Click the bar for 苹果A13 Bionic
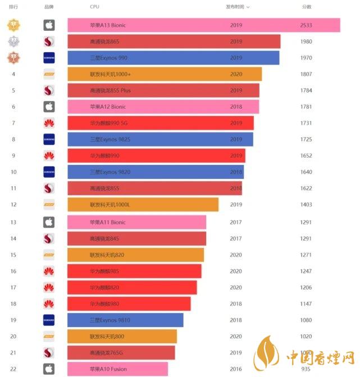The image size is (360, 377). pyautogui.click(x=203, y=25)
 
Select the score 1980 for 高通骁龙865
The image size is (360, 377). pyautogui.click(x=306, y=42)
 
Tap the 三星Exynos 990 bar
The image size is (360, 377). pyautogui.click(x=173, y=58)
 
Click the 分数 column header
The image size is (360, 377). pyautogui.click(x=307, y=7)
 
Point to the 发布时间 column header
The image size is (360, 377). pyautogui.click(x=235, y=7)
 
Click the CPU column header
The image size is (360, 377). pyautogui.click(x=94, y=7)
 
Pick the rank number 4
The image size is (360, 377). pyautogui.click(x=13, y=74)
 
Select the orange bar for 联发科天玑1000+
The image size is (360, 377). pyautogui.click(x=165, y=74)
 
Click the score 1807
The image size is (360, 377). pyautogui.click(x=306, y=74)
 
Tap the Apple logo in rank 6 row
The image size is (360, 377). pyautogui.click(x=49, y=107)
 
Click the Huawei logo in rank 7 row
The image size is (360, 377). pyautogui.click(x=49, y=123)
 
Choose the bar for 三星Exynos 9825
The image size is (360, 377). pyautogui.click(x=160, y=139)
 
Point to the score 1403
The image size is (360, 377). pyautogui.click(x=306, y=205)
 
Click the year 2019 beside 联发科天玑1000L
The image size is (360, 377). pyautogui.click(x=236, y=205)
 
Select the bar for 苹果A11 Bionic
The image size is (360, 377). pyautogui.click(x=136, y=222)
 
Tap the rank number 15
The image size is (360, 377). pyautogui.click(x=13, y=255)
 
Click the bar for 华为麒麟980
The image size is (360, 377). pyautogui.click(x=129, y=304)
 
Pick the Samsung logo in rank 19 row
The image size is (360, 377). pyautogui.click(x=49, y=320)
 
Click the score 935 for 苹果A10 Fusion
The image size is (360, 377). pyautogui.click(x=307, y=369)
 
